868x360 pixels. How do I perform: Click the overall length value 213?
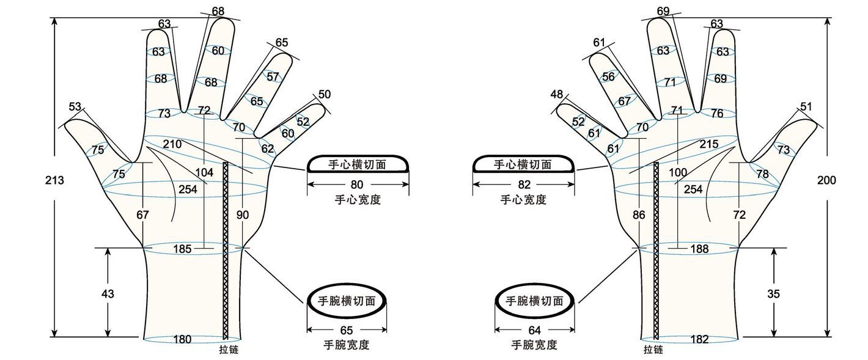tap(54, 180)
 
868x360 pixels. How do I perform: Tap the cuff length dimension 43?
tap(108, 293)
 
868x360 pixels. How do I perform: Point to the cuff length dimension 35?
tap(773, 293)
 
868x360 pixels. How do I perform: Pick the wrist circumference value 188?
tap(699, 249)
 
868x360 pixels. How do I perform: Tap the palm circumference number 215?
tap(708, 144)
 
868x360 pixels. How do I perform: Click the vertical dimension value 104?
tap(204, 172)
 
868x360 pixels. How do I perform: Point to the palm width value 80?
tap(358, 184)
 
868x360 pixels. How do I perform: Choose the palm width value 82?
tap(523, 184)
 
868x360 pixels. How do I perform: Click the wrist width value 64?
tap(534, 330)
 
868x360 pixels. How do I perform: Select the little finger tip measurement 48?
tap(557, 95)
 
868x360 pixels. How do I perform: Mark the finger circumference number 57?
tap(273, 77)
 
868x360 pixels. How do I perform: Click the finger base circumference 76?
tap(717, 114)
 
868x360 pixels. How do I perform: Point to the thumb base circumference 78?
tap(762, 174)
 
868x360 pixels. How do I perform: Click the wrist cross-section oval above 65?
tap(347, 301)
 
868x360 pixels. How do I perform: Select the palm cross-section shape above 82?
tap(523, 164)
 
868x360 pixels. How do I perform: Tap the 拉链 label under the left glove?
tap(229, 350)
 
